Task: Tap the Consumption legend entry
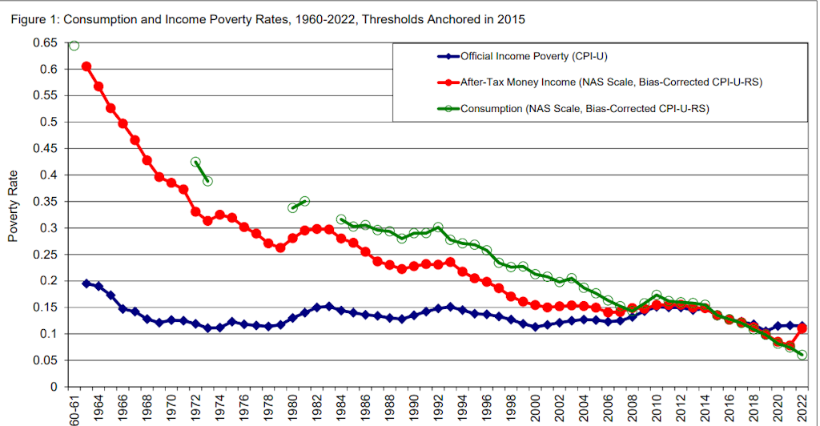[585, 107]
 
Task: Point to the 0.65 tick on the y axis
[47, 43]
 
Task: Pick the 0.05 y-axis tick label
[47, 360]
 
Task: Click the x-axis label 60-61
[74, 409]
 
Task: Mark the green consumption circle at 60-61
[74, 45]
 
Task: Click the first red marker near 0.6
[86, 66]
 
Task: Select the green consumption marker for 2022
[802, 355]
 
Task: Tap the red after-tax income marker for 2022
[802, 328]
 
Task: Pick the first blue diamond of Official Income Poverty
[86, 283]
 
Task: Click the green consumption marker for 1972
[195, 162]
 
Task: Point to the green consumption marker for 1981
[304, 201]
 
